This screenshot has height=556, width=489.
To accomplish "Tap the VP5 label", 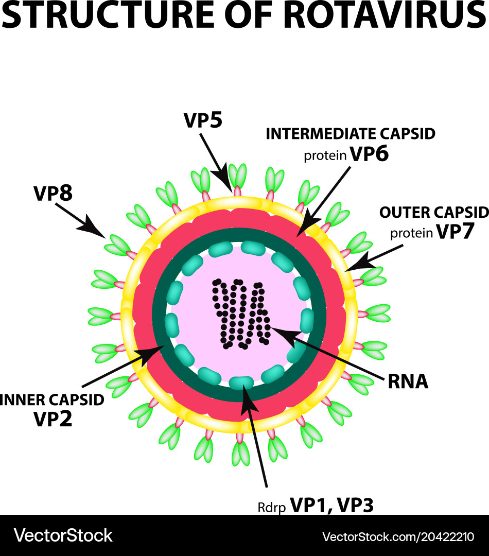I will [x=203, y=121].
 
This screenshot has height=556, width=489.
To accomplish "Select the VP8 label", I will [x=53, y=194].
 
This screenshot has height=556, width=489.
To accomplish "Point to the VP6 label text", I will [x=369, y=154].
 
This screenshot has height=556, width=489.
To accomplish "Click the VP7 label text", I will [x=455, y=232].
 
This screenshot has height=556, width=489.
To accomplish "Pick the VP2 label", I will [x=53, y=419].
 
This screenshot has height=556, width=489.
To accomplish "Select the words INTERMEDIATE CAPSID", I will [x=351, y=134].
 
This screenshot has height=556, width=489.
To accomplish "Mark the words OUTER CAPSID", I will [x=433, y=212].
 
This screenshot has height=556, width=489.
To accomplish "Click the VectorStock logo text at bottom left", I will [x=63, y=535].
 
